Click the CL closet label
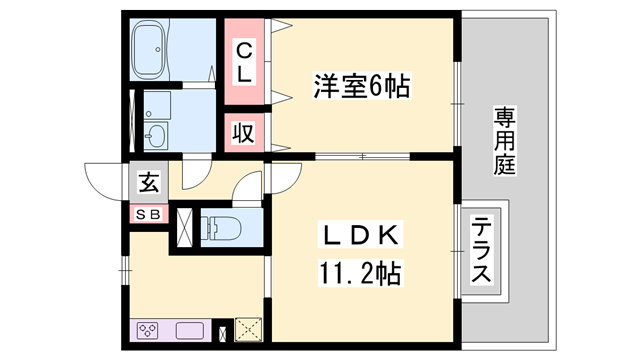[245, 59]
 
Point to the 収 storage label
[244, 131]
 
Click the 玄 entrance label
[148, 183]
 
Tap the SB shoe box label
[148, 213]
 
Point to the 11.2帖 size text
[362, 272]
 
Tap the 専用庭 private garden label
[504, 140]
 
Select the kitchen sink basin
[191, 330]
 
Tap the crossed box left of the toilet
[185, 226]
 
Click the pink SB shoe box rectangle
[148, 213]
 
